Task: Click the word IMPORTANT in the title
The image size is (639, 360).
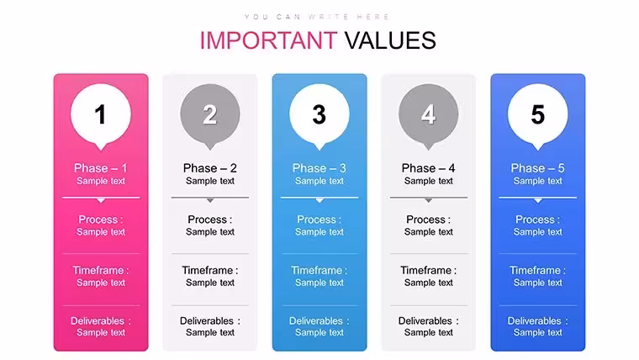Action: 268,40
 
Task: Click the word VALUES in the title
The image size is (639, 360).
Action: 390,40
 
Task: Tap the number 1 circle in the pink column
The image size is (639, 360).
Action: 101,114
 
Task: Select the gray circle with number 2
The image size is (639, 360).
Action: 210,114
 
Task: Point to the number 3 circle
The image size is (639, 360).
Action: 319,114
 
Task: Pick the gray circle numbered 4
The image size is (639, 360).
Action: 428,114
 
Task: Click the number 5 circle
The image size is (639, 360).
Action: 537,114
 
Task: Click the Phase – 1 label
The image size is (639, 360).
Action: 101,168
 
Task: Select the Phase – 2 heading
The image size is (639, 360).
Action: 210,168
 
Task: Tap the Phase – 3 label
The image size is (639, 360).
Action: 319,168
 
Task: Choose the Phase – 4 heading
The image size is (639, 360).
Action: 428,168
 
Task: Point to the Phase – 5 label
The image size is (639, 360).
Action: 537,168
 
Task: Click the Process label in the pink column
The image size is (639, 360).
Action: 101,220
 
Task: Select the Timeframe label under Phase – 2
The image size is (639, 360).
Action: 210,270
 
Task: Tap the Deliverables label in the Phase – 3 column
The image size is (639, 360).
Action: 319,320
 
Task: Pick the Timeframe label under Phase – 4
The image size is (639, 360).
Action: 428,270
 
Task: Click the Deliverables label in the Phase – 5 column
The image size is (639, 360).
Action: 537,320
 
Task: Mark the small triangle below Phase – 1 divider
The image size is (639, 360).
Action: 101,200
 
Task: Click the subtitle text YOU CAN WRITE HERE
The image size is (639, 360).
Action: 317,17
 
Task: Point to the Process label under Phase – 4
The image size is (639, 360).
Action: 428,220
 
